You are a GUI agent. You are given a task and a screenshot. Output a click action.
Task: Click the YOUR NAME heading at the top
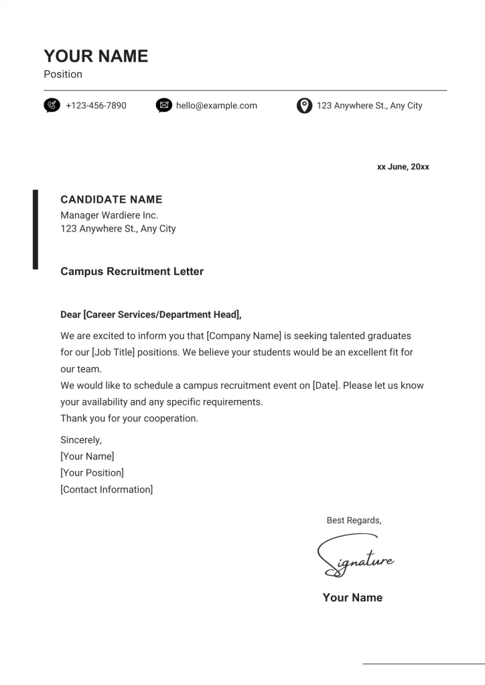pos(96,56)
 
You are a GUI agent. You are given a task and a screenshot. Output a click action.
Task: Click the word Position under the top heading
pos(63,74)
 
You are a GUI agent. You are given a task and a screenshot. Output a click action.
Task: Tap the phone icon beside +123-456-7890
pos(52,106)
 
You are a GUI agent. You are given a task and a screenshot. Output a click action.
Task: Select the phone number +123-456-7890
pos(96,106)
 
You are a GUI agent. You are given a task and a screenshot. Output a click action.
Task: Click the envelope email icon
pos(163,106)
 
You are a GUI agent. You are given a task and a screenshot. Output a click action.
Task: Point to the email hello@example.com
pos(216,106)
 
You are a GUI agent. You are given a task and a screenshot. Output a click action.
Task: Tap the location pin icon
pos(304,106)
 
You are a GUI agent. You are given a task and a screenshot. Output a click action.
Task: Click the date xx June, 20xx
pos(403,167)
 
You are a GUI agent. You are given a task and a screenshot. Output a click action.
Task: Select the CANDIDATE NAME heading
pos(111,199)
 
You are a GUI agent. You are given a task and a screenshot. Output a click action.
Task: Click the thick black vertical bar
pos(36,229)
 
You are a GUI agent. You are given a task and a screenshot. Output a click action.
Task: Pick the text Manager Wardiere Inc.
pos(109,215)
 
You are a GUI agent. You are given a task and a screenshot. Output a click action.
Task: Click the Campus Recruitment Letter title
pos(132,272)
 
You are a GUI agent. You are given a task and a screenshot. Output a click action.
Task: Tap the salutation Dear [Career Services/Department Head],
pos(151,314)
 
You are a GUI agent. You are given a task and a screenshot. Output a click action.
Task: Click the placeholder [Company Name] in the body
pos(244,336)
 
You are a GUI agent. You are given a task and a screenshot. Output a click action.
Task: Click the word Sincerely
pos(80,440)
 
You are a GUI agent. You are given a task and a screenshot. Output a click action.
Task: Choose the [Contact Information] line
pos(107,490)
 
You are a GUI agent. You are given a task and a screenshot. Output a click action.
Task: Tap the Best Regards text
pos(354,520)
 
